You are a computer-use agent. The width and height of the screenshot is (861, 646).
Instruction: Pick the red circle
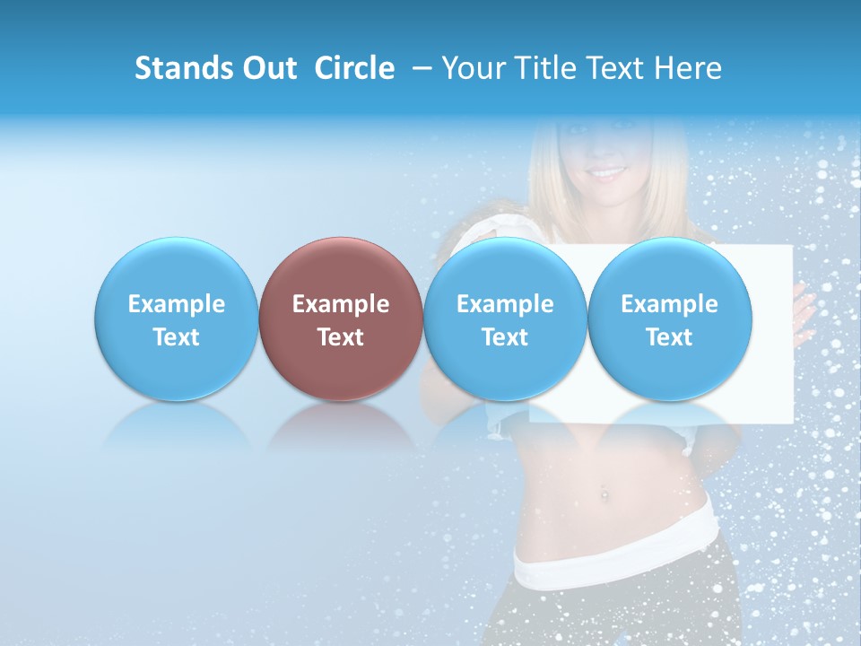pyautogui.click(x=341, y=319)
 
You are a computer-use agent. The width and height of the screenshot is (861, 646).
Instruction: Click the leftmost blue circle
pyautogui.click(x=177, y=319)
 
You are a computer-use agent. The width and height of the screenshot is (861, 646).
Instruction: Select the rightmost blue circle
pyautogui.click(x=670, y=319)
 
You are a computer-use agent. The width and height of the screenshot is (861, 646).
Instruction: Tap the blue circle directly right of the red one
pyautogui.click(x=505, y=319)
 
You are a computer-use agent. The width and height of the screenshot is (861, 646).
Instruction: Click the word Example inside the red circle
pyautogui.click(x=341, y=304)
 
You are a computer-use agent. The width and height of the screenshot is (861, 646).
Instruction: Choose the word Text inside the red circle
pyautogui.click(x=341, y=337)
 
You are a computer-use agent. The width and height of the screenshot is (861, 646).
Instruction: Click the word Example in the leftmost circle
pyautogui.click(x=177, y=304)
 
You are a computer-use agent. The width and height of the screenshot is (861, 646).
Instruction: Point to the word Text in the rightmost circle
pyautogui.click(x=670, y=337)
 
